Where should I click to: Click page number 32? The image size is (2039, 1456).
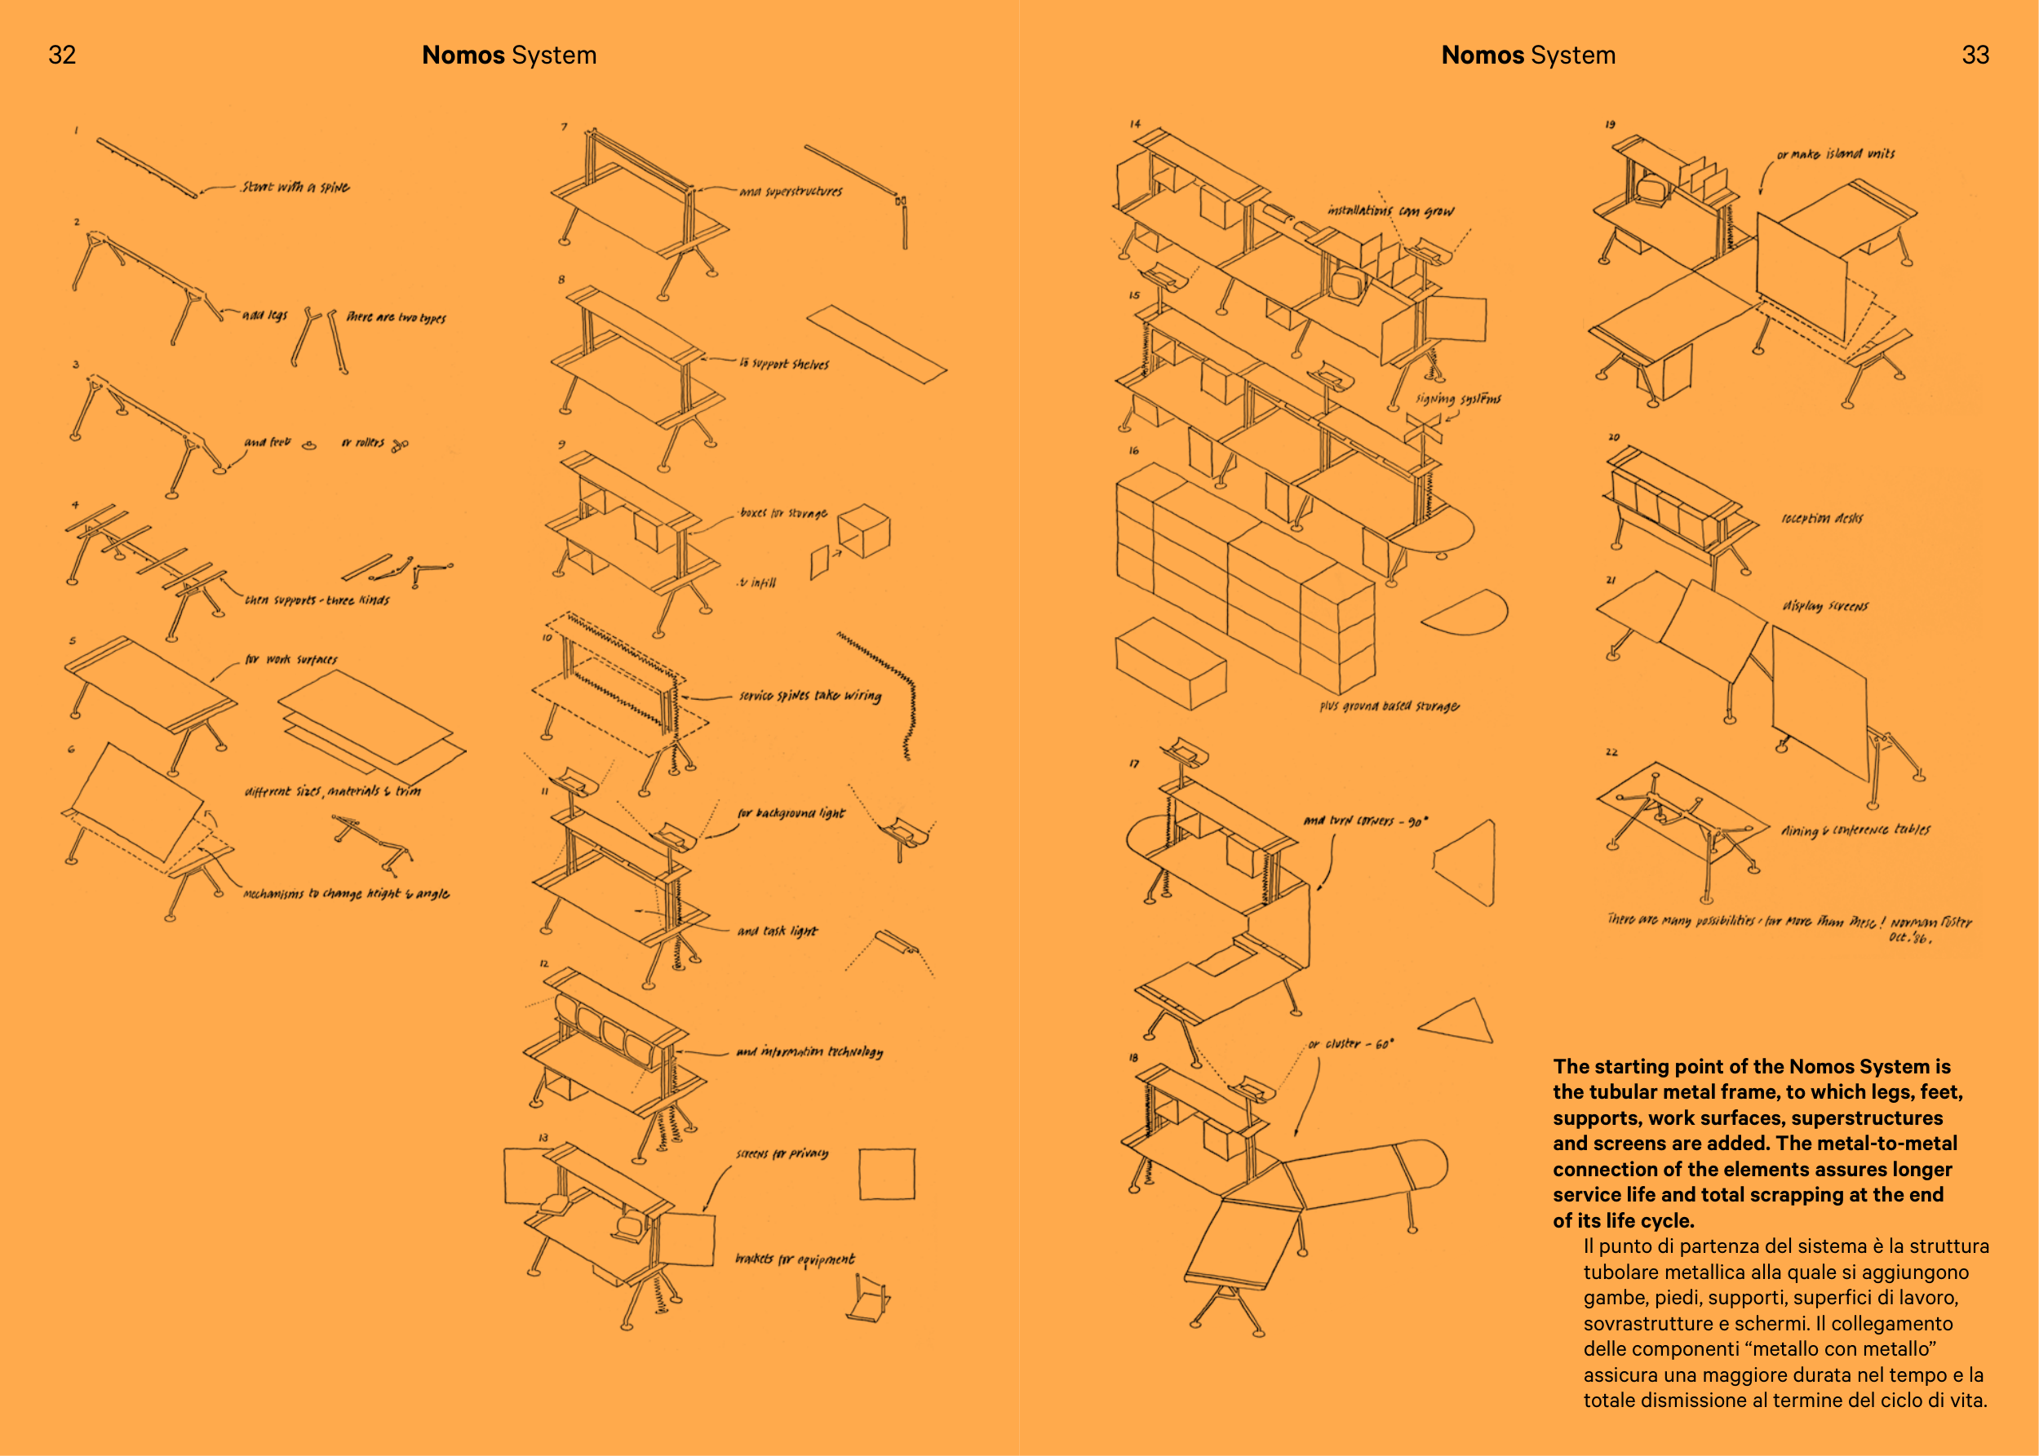point(62,55)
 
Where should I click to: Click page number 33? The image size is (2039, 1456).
point(1975,55)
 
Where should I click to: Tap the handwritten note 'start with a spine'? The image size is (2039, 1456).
point(295,188)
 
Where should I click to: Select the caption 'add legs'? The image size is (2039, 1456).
point(264,315)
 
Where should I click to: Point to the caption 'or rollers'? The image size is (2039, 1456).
point(362,443)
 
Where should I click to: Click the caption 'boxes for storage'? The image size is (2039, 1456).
point(782,513)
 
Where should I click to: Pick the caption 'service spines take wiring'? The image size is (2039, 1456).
point(809,696)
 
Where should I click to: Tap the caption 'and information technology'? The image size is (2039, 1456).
point(809,1051)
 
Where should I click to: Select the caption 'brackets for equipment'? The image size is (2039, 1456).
point(795,1259)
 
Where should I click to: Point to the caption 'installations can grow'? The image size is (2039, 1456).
point(1390,210)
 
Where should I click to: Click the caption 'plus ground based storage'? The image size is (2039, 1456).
point(1389,706)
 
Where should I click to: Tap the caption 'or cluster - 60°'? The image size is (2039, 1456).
point(1350,1044)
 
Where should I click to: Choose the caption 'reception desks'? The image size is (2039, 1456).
point(1821,518)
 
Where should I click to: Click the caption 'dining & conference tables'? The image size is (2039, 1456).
point(1855,830)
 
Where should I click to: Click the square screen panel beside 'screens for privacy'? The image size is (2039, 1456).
point(887,1174)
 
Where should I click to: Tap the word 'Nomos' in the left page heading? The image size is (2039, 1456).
point(463,55)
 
